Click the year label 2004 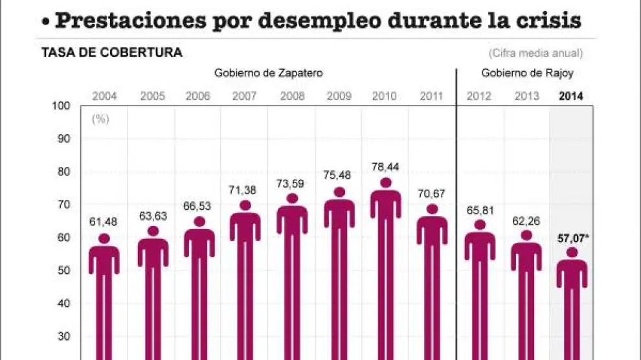[104, 96]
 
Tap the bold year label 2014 [570, 96]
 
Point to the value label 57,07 [571, 238]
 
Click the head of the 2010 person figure [385, 183]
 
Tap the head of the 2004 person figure [104, 239]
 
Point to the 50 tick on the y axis [64, 270]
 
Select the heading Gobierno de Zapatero [269, 73]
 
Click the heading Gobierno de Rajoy [518, 73]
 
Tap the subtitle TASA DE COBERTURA [112, 53]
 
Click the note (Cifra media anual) [535, 53]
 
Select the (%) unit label [100, 119]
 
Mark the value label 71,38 [245, 189]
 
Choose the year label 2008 [291, 96]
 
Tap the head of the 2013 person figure [526, 236]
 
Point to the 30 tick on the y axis [64, 336]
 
